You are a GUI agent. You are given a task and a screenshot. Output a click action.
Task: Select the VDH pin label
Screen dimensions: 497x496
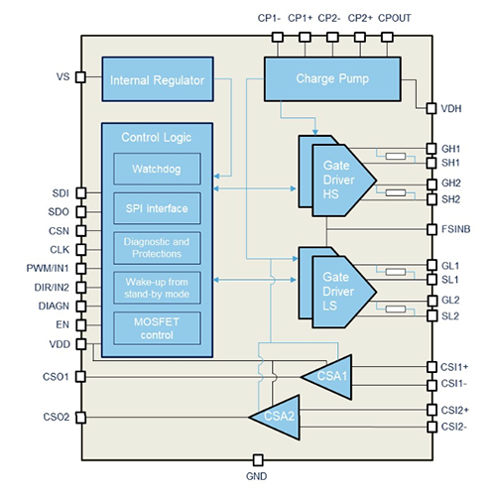tap(451, 108)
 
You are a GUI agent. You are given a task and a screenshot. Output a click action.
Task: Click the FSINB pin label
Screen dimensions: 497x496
tap(458, 229)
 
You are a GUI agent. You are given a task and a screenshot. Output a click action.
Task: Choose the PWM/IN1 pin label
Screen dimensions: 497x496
tap(44, 268)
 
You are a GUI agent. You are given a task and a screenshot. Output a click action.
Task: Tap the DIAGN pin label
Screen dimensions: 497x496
tap(51, 306)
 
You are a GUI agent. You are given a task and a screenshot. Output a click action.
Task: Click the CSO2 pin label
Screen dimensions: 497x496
tap(55, 417)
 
